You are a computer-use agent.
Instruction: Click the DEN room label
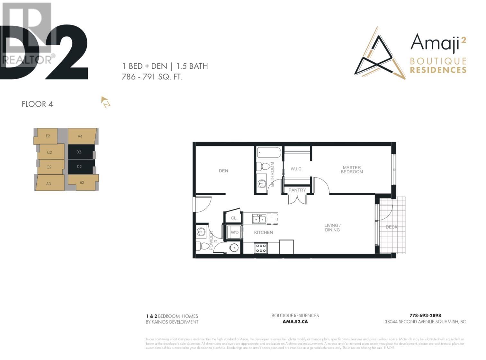(x=223, y=171)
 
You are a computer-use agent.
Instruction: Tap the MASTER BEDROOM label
(x=352, y=170)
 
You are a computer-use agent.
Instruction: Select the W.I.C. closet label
(x=296, y=169)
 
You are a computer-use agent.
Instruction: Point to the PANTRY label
(x=297, y=190)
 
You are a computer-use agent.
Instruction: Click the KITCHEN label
(x=263, y=233)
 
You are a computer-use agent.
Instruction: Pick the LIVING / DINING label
(x=332, y=228)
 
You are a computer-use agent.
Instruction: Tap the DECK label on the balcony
(x=392, y=227)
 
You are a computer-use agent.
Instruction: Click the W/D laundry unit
(x=235, y=233)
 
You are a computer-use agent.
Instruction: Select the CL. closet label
(x=234, y=218)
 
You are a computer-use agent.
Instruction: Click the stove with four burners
(x=261, y=248)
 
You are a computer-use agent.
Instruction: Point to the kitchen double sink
(x=259, y=219)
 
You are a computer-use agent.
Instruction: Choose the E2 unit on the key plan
(x=48, y=136)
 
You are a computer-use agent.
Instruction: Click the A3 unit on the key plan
(x=49, y=184)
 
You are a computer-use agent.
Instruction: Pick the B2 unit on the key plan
(x=82, y=182)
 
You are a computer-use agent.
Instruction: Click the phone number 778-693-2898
(x=425, y=315)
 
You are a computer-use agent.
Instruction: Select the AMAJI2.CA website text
(x=295, y=321)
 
